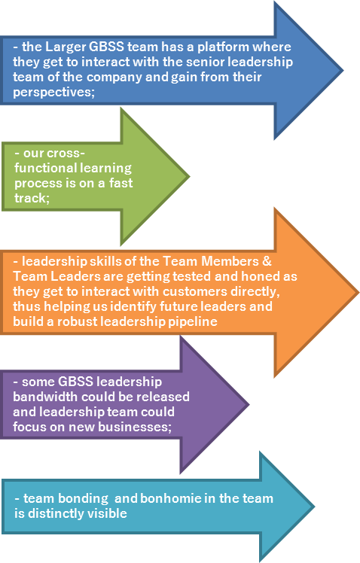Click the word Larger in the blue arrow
point(66,47)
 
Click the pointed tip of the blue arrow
point(343,71)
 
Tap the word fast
point(121,183)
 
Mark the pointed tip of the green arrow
point(188,176)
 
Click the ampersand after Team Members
point(267,261)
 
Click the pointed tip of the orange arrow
point(358,293)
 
